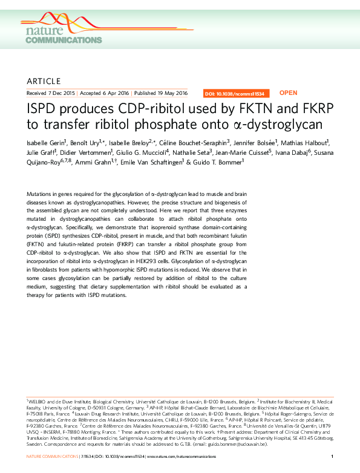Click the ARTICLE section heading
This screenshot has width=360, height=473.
click(x=44, y=81)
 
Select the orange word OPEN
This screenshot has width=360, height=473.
click(x=288, y=93)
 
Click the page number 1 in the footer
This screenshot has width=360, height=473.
click(x=333, y=455)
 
